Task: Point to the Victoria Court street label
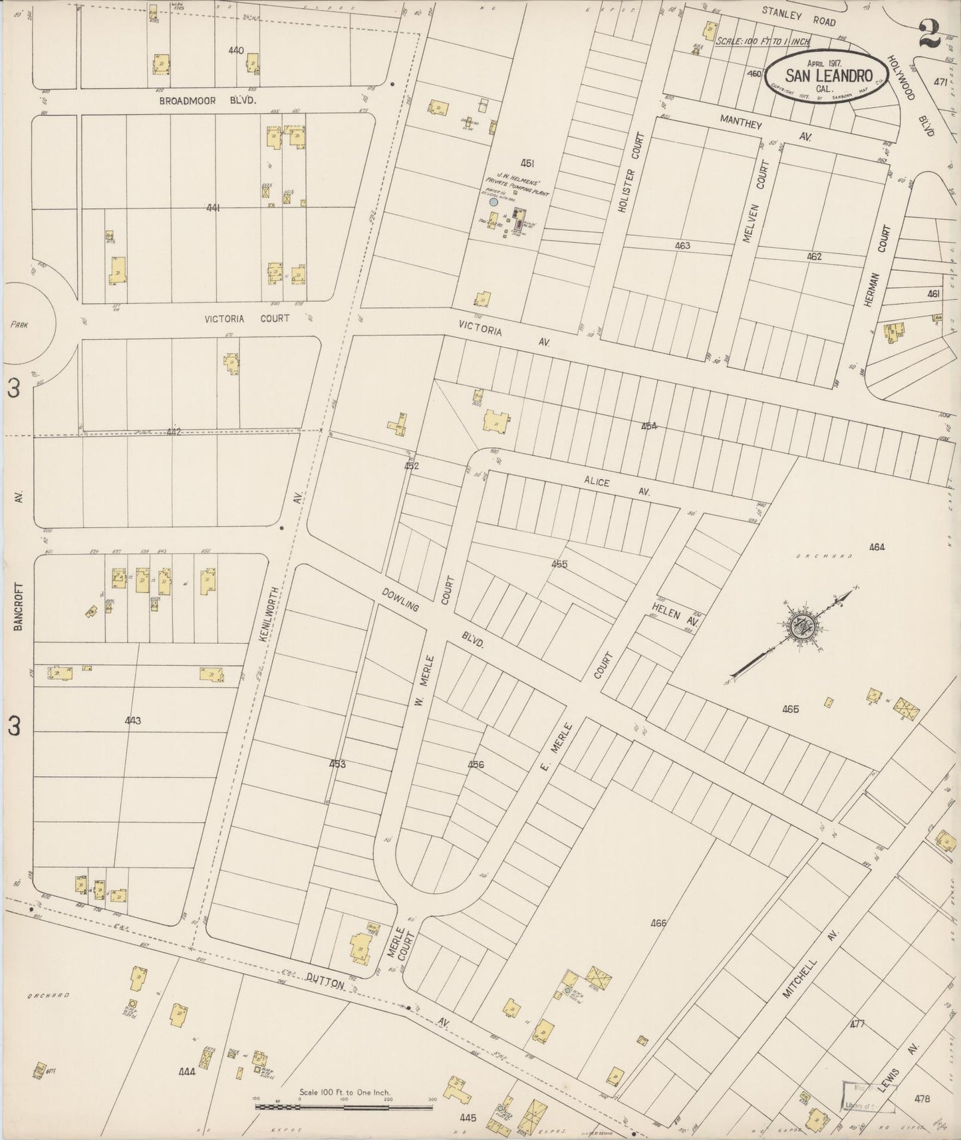[x=247, y=319]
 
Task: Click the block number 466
[x=658, y=923]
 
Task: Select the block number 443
[x=132, y=720]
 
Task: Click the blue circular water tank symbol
[x=493, y=202]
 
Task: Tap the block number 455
[x=559, y=564]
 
